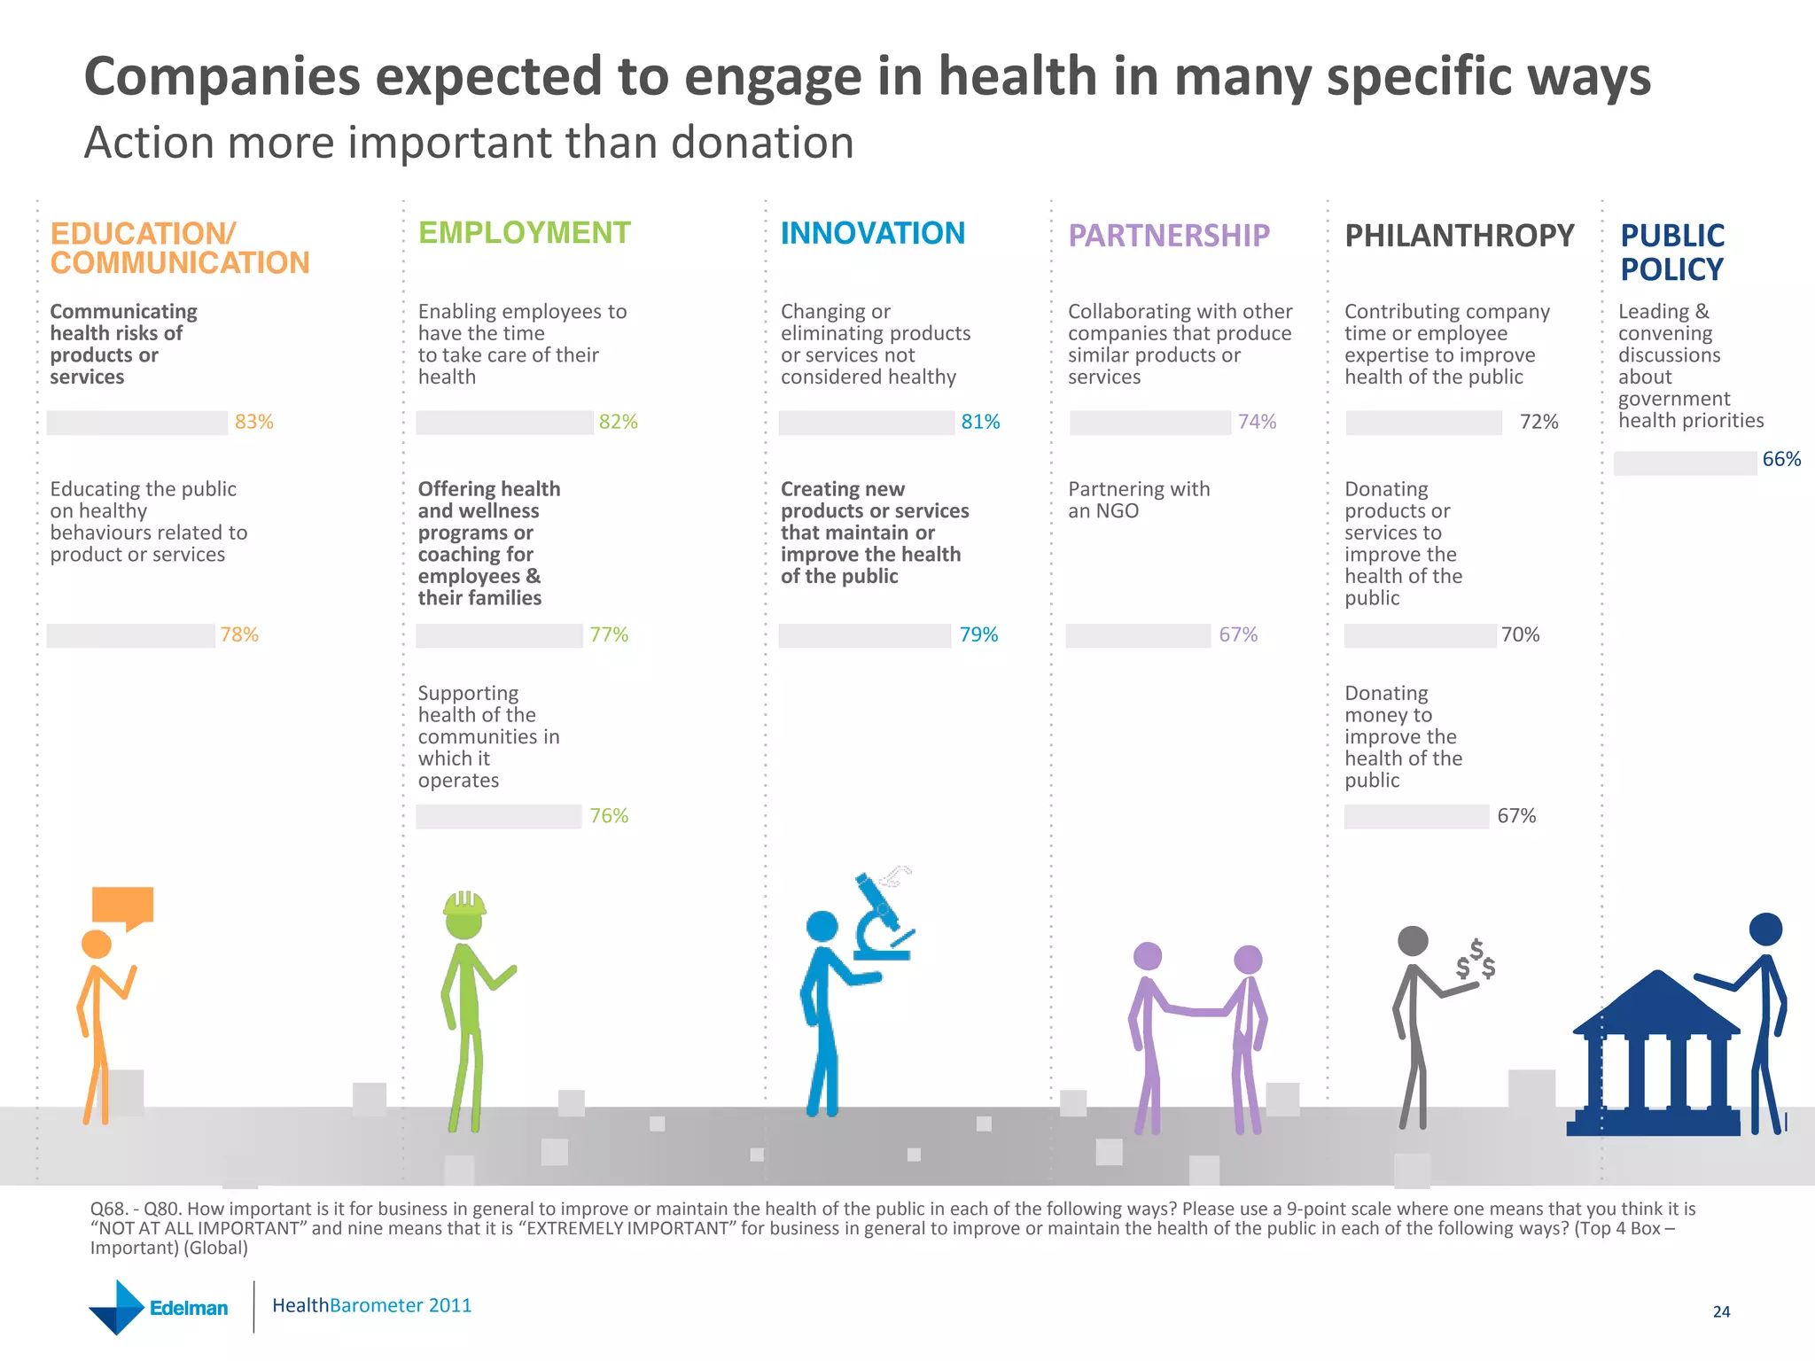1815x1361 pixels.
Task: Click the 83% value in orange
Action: click(x=253, y=422)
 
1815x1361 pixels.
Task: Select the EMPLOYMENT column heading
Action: click(x=524, y=233)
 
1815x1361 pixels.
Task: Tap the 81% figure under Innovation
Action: click(x=980, y=422)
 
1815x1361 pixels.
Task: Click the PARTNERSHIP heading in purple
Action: click(x=1168, y=236)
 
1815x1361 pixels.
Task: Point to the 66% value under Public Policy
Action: click(x=1780, y=459)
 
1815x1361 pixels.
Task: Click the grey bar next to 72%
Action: click(x=1423, y=423)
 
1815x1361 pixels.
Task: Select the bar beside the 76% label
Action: click(x=498, y=816)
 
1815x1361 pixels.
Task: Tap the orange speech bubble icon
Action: click(x=123, y=906)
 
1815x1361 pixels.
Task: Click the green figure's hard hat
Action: click(x=463, y=904)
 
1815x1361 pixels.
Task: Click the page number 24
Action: click(x=1721, y=1311)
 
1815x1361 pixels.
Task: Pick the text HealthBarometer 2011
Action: click(x=371, y=1305)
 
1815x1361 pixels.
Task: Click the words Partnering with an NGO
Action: click(x=1138, y=500)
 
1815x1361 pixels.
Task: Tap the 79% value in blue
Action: click(x=978, y=634)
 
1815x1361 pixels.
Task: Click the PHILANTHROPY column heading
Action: click(x=1459, y=236)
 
